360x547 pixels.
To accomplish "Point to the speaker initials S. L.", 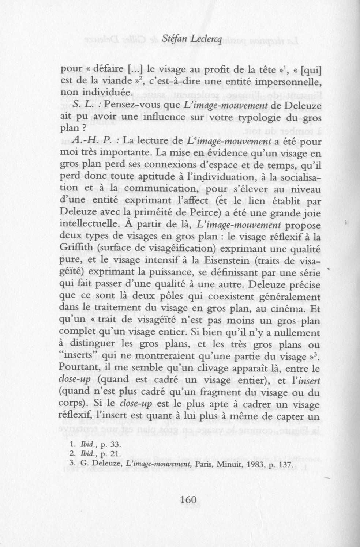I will tap(83, 105).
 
